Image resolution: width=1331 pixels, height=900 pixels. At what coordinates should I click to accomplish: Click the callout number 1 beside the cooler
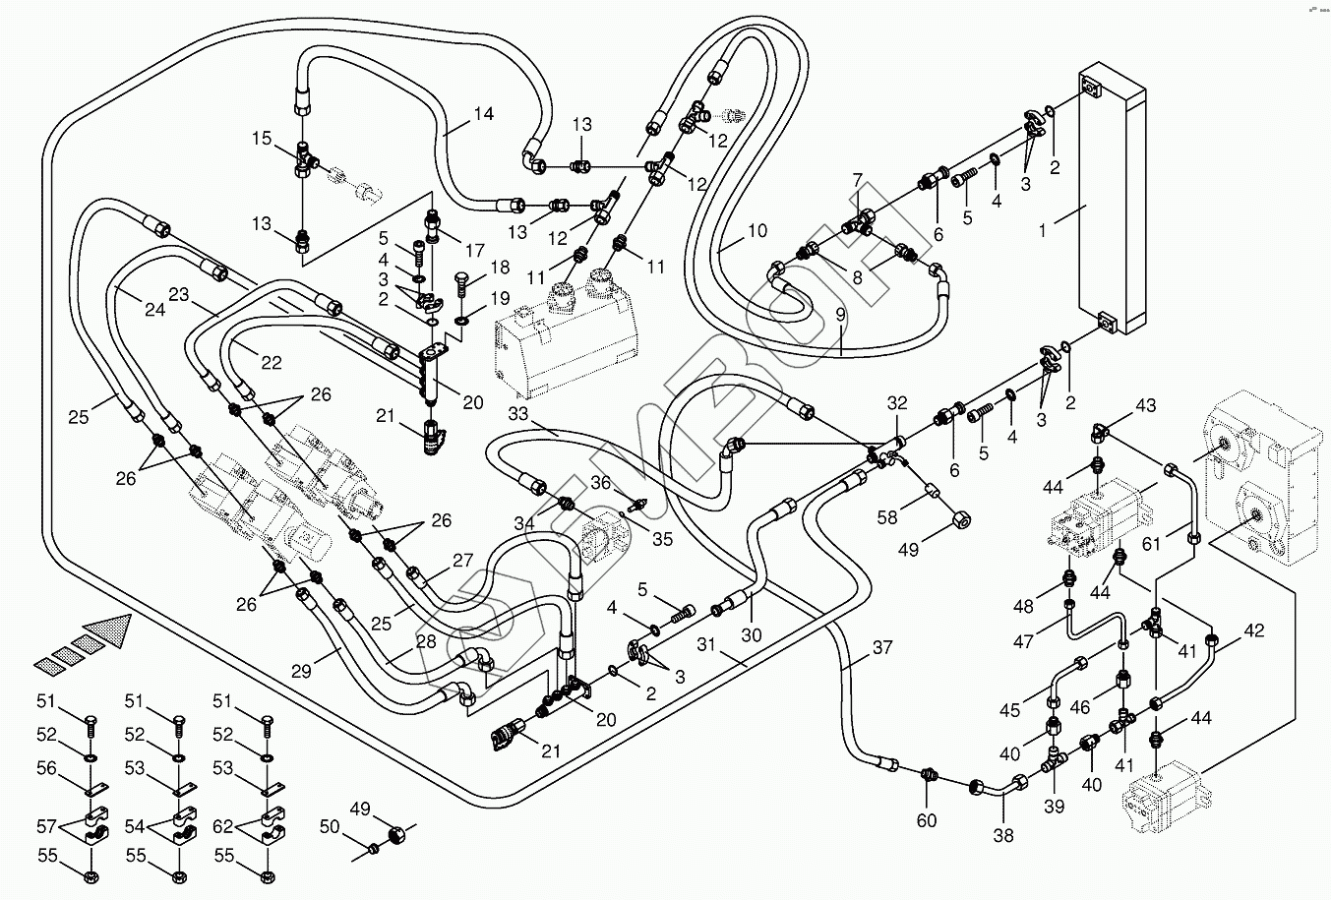[x=1042, y=230]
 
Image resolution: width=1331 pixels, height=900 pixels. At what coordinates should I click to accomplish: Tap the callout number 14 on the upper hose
[x=484, y=113]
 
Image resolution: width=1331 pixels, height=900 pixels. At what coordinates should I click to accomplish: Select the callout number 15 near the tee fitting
[x=262, y=139]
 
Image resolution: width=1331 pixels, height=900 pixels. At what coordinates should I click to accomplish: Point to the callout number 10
[x=757, y=230]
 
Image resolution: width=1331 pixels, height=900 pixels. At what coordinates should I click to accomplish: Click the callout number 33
[x=518, y=413]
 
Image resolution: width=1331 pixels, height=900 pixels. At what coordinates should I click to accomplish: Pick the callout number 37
[x=882, y=647]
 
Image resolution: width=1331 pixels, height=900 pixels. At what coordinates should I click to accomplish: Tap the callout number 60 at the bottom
[x=927, y=820]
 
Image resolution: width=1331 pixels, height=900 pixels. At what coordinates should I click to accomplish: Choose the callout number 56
[x=46, y=768]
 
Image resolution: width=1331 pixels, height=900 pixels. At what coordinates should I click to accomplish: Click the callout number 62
[x=223, y=826]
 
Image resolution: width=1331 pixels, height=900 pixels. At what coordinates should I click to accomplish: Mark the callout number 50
[x=330, y=826]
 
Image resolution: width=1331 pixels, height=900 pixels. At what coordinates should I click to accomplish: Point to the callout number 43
[x=1146, y=405]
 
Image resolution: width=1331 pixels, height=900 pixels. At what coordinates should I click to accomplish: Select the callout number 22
[x=272, y=362]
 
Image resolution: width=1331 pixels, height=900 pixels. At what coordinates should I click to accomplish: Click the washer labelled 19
[x=461, y=322]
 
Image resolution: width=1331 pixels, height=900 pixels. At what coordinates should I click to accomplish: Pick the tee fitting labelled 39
[x=1054, y=762]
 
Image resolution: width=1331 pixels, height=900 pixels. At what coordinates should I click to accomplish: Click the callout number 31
[x=705, y=644]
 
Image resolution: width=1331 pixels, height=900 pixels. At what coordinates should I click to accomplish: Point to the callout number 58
[x=887, y=517]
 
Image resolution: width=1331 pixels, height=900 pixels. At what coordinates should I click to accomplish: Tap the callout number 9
[x=840, y=315]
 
